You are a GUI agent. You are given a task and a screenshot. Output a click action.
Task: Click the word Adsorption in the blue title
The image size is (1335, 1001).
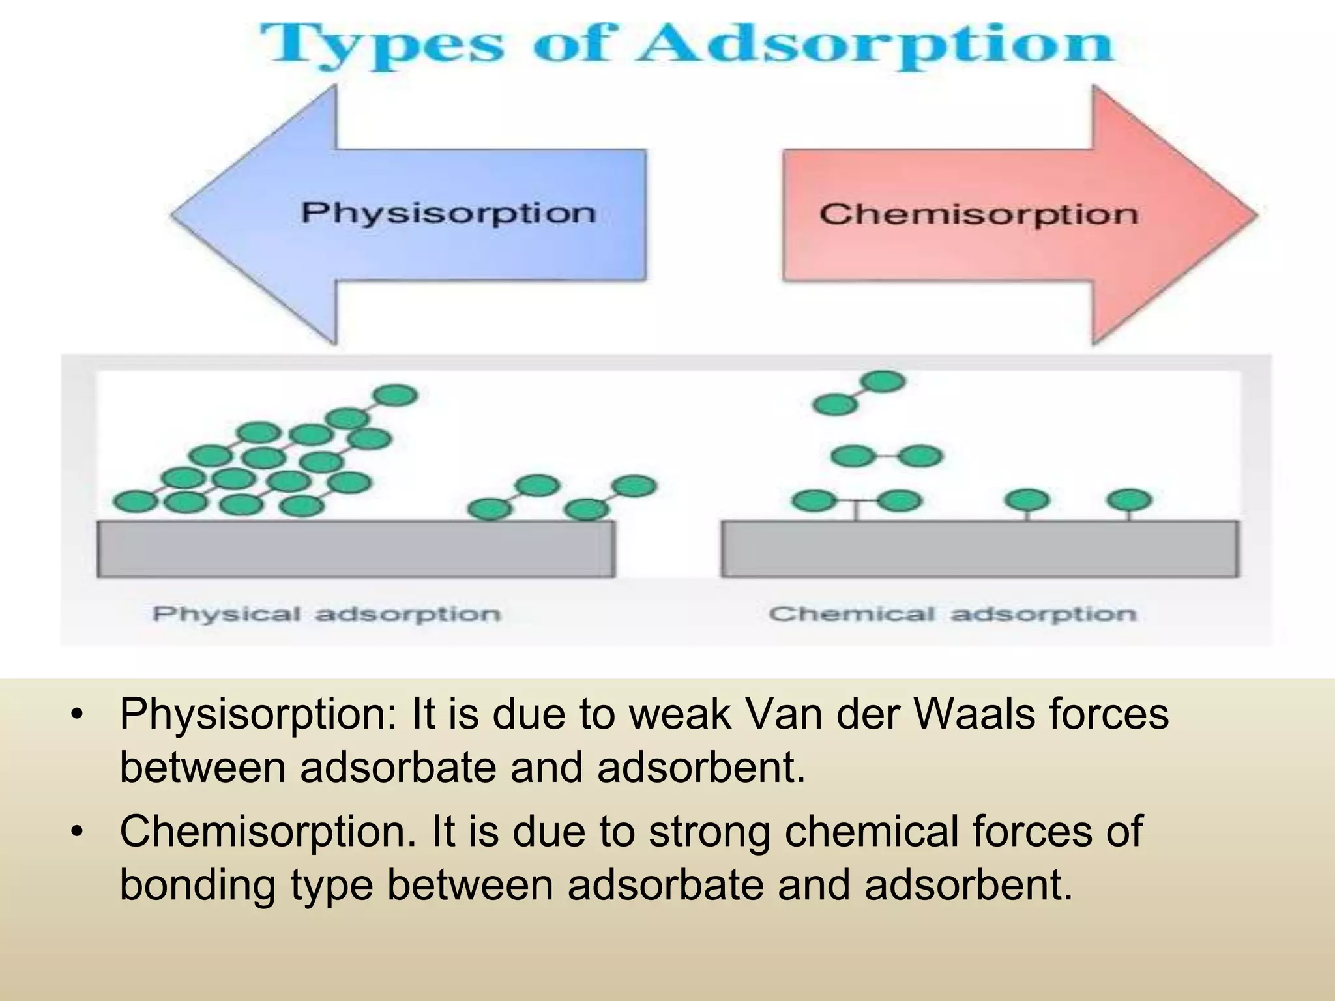click(x=873, y=44)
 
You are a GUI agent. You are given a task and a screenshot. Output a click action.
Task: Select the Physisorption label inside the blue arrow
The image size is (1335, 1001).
click(x=448, y=214)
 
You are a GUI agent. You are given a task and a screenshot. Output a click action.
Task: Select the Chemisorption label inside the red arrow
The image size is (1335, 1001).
click(x=978, y=214)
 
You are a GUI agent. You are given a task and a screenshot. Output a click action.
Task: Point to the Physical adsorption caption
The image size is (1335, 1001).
click(x=326, y=614)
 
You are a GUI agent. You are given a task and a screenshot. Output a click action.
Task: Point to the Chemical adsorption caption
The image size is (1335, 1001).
click(x=952, y=614)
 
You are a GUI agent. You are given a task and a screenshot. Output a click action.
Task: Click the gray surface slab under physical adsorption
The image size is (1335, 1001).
click(x=355, y=549)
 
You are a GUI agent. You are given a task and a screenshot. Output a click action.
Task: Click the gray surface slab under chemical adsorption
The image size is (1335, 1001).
click(x=979, y=549)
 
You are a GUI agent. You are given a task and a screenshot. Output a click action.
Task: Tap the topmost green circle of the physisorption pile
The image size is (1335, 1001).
click(x=395, y=395)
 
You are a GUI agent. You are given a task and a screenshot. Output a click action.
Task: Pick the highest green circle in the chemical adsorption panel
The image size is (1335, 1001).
click(x=883, y=381)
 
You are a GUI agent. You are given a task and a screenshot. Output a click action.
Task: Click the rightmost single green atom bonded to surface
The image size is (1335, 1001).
click(x=1129, y=500)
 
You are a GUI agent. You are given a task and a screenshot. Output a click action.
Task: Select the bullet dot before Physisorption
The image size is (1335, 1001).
click(x=78, y=714)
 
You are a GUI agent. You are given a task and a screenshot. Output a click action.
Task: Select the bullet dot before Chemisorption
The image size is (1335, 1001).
click(x=78, y=832)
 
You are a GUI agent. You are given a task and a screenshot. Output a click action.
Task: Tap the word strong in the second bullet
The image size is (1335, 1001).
click(x=709, y=832)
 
